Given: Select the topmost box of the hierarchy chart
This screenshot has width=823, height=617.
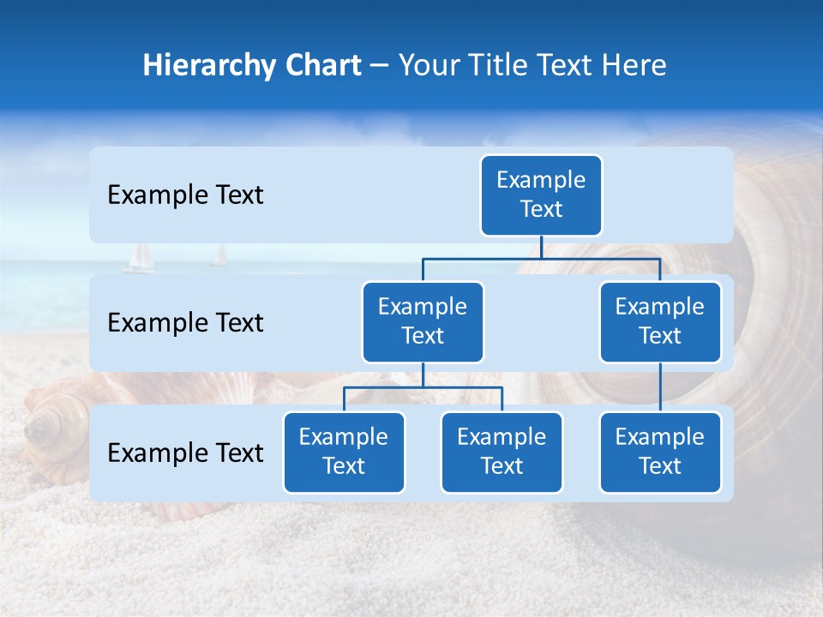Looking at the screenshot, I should click(x=541, y=195).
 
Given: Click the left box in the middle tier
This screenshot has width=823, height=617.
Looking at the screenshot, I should click(x=423, y=321).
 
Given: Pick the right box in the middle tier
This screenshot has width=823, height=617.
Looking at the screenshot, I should click(x=660, y=321).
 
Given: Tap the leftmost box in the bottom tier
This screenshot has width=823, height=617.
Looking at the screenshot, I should click(x=344, y=452).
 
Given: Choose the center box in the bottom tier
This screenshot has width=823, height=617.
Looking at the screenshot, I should click(x=502, y=452).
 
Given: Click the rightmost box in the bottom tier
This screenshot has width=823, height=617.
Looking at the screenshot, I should click(x=660, y=452).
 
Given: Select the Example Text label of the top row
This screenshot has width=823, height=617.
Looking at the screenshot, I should click(x=185, y=195).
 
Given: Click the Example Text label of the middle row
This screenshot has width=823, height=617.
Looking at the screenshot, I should click(x=185, y=323).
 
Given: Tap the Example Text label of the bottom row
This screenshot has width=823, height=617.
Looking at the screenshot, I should click(x=185, y=453).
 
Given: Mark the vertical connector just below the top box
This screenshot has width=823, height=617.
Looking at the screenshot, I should click(x=541, y=246).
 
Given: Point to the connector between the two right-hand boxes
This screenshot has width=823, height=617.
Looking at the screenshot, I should click(x=660, y=387).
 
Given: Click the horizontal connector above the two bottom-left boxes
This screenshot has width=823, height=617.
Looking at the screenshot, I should click(x=423, y=387).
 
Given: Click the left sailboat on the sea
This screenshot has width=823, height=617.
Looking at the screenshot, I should click(x=139, y=259).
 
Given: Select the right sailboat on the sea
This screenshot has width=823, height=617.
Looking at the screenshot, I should click(x=220, y=255).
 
